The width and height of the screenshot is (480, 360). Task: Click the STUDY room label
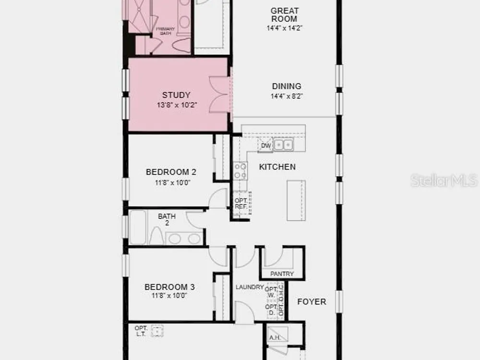(x=176, y=95)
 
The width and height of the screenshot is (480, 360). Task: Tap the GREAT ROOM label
(x=284, y=15)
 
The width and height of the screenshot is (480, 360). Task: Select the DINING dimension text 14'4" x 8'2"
(x=287, y=96)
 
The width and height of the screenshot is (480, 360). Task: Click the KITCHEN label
(x=277, y=167)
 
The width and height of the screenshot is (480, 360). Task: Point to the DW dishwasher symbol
(x=266, y=145)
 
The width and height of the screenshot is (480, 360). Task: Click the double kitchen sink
(x=283, y=144)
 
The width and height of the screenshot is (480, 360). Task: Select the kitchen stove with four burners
(x=240, y=171)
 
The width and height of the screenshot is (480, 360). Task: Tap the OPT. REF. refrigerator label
(x=241, y=204)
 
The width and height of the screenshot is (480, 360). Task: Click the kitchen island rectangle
(x=296, y=201)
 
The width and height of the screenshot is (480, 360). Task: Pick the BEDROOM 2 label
(x=171, y=172)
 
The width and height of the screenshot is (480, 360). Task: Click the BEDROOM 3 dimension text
(x=169, y=296)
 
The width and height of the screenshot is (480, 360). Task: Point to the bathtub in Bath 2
(x=138, y=227)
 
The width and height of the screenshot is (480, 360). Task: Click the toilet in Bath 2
(x=156, y=236)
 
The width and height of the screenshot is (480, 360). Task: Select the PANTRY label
(x=282, y=274)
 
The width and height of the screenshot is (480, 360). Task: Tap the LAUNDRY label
(x=250, y=287)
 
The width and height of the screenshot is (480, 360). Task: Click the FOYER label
(x=312, y=302)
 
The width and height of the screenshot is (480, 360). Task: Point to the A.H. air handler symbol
(x=277, y=334)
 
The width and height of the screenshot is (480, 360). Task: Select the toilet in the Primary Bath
(x=182, y=45)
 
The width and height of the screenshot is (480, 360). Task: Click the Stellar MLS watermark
(x=444, y=180)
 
